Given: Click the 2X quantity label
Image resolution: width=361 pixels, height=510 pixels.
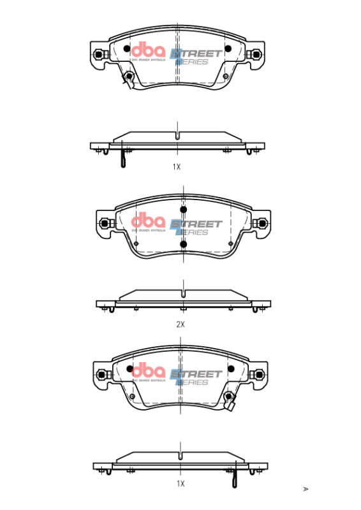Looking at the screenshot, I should click(180, 324).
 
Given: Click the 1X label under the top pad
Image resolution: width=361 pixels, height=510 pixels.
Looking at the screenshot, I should click(177, 166).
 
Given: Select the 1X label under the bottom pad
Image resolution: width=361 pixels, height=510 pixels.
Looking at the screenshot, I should click(180, 484).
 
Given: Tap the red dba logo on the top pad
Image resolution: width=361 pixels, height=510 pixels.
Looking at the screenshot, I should click(148, 51).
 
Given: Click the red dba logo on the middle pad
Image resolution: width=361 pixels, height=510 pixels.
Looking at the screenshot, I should click(148, 222).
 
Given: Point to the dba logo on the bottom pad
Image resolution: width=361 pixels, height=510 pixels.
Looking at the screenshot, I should click(148, 371).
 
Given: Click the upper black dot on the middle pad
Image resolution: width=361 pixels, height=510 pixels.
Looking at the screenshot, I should click(183, 210).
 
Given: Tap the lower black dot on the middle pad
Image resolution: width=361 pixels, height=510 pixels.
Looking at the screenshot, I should click(183, 244).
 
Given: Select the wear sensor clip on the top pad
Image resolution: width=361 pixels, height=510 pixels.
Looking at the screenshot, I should click(128, 78).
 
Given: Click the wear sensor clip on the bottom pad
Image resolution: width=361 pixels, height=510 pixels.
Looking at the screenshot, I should click(231, 400).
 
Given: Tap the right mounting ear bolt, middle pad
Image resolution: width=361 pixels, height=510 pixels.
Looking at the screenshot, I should click(260, 224).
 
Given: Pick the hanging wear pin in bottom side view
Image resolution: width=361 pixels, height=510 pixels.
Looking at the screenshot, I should click(235, 477).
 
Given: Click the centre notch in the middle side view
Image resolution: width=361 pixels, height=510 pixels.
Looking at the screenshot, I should click(183, 295).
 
